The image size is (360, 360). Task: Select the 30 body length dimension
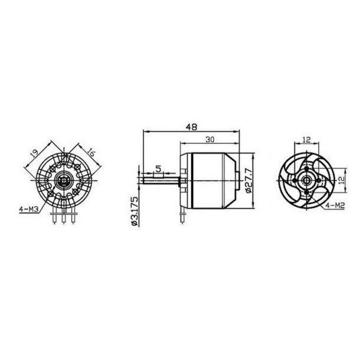tap(210, 140)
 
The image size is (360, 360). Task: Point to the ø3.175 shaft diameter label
tap(134, 211)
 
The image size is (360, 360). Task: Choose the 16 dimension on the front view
tap(92, 151)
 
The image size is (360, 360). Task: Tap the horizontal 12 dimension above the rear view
tap(306, 139)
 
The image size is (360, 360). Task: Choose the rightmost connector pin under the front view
tap(71, 217)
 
